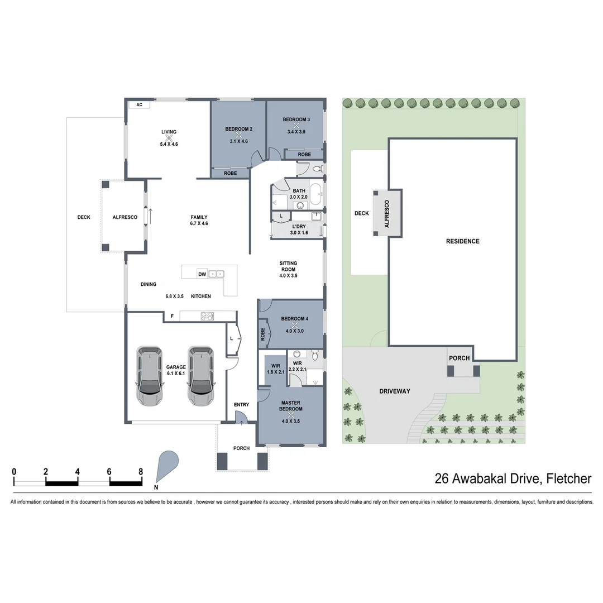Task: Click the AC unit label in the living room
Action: [139, 105]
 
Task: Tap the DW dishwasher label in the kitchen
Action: [202, 274]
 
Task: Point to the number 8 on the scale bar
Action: [141, 471]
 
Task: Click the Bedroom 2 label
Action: [239, 130]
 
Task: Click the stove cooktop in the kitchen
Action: [208, 317]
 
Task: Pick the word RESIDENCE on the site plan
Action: [462, 241]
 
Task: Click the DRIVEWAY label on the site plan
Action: [395, 391]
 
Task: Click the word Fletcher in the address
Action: [569, 478]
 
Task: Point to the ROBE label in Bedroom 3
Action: [304, 154]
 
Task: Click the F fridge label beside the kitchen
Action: [172, 317]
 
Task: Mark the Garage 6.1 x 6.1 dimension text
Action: [175, 374]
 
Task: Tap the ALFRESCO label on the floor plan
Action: [125, 217]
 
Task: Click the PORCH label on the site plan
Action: [460, 358]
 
